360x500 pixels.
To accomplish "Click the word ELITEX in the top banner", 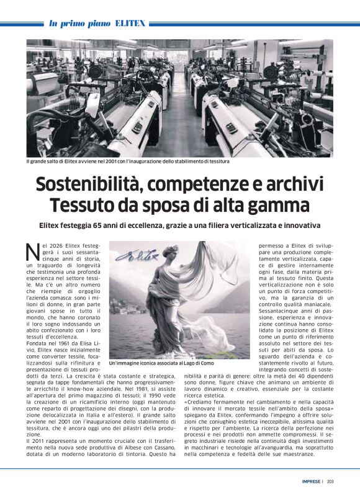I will pos(130,24).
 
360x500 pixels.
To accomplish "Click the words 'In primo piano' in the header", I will pos(80,24).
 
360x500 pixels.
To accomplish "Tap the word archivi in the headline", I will pos(294,184).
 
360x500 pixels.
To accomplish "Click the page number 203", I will pos(330,481).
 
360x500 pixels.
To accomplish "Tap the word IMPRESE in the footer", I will pos(310,481).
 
